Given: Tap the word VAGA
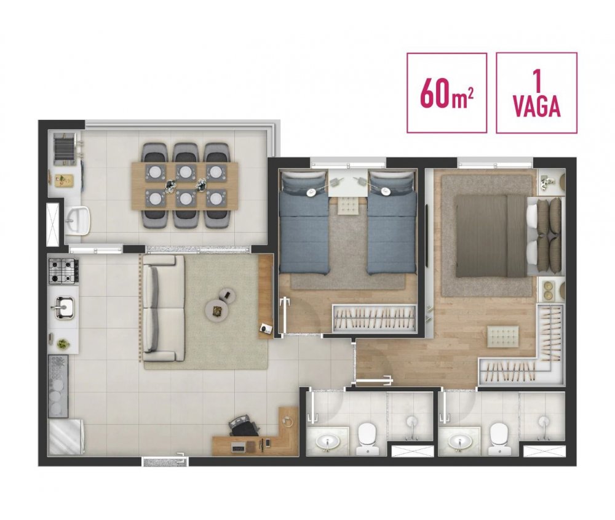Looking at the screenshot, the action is pyautogui.click(x=536, y=106).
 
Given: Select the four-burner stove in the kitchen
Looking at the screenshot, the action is pyautogui.click(x=63, y=271).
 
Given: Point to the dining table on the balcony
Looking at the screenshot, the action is pyautogui.click(x=184, y=185).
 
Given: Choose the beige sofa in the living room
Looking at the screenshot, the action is pyautogui.click(x=164, y=308).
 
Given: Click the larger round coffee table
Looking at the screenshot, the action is pyautogui.click(x=217, y=310).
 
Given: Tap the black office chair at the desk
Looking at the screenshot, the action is pyautogui.click(x=244, y=425).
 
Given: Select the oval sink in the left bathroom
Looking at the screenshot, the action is pyautogui.click(x=328, y=441).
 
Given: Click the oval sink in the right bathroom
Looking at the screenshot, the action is pyautogui.click(x=461, y=441).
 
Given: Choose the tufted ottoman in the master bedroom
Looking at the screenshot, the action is pyautogui.click(x=503, y=337).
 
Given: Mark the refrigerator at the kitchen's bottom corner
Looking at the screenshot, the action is pyautogui.click(x=65, y=437).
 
